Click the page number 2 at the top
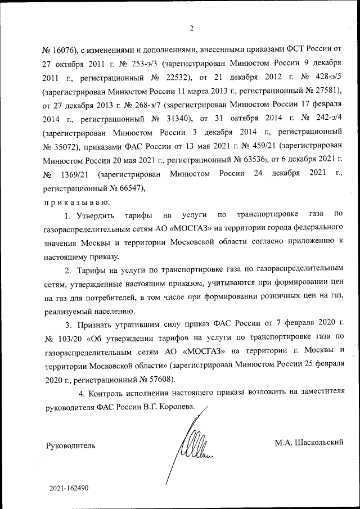coord(191,29)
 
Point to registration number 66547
coord(129,188)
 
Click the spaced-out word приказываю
coord(76,201)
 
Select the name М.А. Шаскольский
coord(309,443)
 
